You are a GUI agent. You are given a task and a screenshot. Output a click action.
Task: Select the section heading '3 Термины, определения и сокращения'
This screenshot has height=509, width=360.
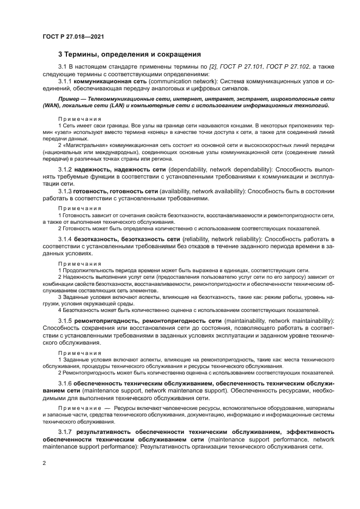click(x=130, y=54)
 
